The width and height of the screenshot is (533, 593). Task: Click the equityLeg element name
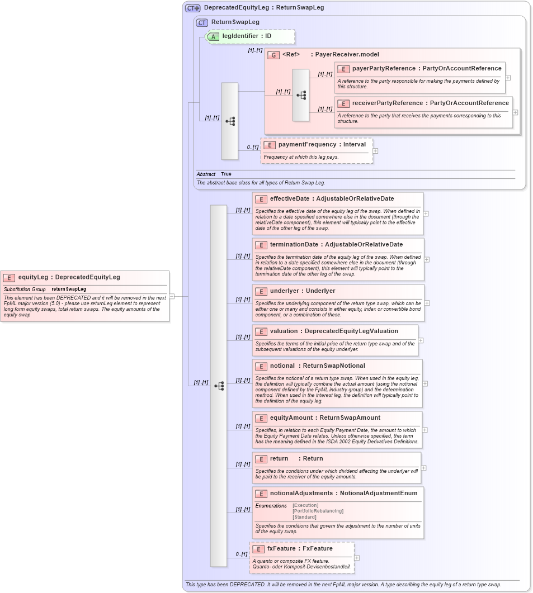(x=33, y=277)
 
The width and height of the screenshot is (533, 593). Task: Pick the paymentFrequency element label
(x=300, y=145)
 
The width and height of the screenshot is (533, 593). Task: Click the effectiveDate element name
(x=289, y=198)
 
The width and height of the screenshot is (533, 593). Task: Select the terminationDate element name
(x=294, y=245)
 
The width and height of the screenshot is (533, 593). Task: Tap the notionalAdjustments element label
(x=301, y=494)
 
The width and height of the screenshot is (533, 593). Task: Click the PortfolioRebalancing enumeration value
(x=318, y=511)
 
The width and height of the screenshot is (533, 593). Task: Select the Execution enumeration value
(x=305, y=506)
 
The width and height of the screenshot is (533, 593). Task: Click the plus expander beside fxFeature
(x=357, y=558)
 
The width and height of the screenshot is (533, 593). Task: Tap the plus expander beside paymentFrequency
(x=375, y=151)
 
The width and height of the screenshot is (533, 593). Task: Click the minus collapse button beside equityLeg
(x=172, y=297)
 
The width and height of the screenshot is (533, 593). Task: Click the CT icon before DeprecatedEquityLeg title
(x=193, y=8)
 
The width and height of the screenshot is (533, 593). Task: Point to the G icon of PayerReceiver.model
(x=273, y=55)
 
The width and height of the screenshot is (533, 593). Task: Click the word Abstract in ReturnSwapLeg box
(x=206, y=174)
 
